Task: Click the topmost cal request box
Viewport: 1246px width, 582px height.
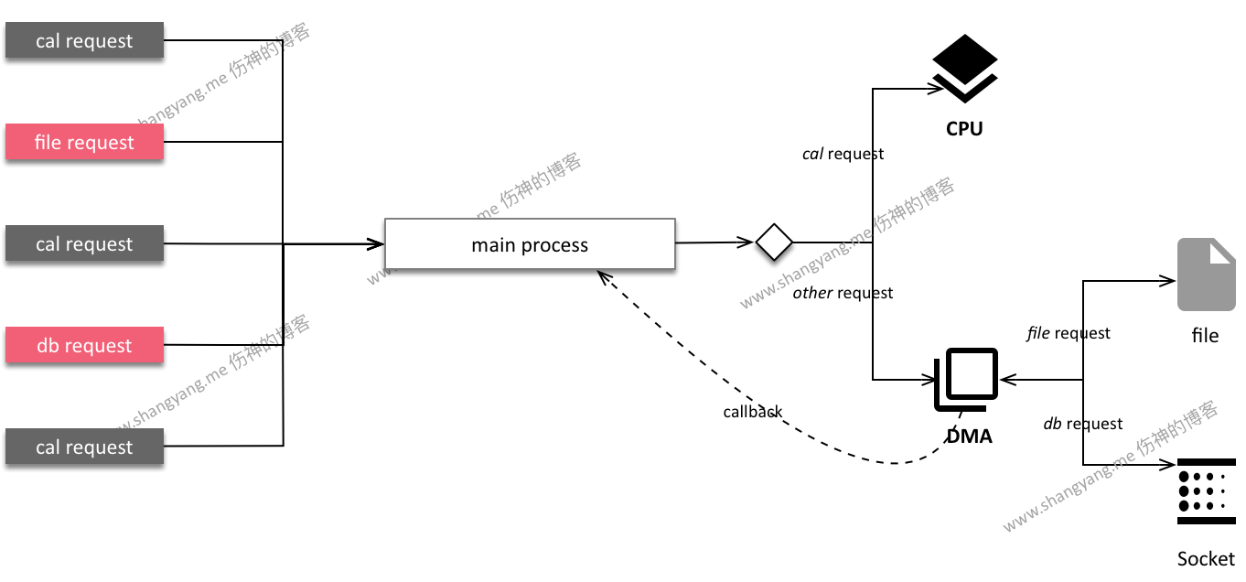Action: pyautogui.click(x=84, y=41)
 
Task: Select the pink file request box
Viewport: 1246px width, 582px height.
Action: pyautogui.click(x=84, y=143)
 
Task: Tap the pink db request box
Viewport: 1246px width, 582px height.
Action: pyautogui.click(x=84, y=346)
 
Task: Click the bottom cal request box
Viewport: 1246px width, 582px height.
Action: pyautogui.click(x=84, y=447)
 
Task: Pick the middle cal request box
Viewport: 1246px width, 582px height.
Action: pyautogui.click(x=84, y=244)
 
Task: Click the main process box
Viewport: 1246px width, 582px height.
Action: pyautogui.click(x=530, y=244)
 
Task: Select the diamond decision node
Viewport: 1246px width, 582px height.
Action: pyautogui.click(x=773, y=242)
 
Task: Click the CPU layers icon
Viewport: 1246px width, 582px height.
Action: pyautogui.click(x=964, y=69)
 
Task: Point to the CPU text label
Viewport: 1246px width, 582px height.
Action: pyautogui.click(x=964, y=129)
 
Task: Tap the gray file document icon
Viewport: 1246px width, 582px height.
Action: pyautogui.click(x=1206, y=275)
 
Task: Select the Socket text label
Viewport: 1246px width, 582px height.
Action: pyautogui.click(x=1206, y=558)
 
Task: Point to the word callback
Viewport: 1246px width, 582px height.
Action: pyautogui.click(x=752, y=412)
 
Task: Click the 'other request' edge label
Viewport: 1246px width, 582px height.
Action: pyautogui.click(x=843, y=293)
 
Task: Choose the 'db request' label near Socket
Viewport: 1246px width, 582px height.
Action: pyautogui.click(x=1083, y=424)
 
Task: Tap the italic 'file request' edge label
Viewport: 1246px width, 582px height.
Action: pyautogui.click(x=1069, y=333)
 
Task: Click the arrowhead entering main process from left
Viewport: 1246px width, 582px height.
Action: pyautogui.click(x=376, y=244)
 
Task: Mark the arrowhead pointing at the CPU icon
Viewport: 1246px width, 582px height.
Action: pyautogui.click(x=937, y=89)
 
